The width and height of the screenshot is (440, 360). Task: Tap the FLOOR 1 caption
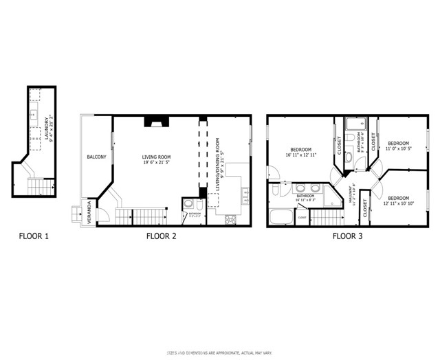point(33,236)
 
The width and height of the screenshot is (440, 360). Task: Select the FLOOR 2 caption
point(162,236)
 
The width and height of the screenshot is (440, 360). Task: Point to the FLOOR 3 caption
point(348,236)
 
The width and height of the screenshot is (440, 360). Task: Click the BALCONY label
point(96,157)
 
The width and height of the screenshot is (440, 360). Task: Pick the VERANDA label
point(89,212)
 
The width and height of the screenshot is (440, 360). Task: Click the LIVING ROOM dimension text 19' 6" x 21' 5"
point(157,163)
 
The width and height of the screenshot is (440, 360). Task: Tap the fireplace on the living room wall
point(155,122)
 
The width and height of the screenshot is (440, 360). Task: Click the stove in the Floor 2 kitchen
point(231,220)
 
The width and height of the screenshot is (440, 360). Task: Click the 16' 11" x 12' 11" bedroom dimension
point(300,155)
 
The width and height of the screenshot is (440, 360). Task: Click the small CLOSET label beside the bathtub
point(302,218)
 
